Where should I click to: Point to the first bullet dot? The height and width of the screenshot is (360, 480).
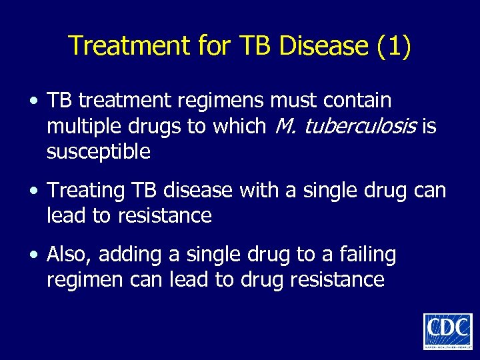click(32, 103)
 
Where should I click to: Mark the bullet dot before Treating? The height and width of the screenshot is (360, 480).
click(32, 192)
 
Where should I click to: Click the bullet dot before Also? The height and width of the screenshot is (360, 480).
click(32, 255)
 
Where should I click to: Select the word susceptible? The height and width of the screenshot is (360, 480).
click(99, 152)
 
